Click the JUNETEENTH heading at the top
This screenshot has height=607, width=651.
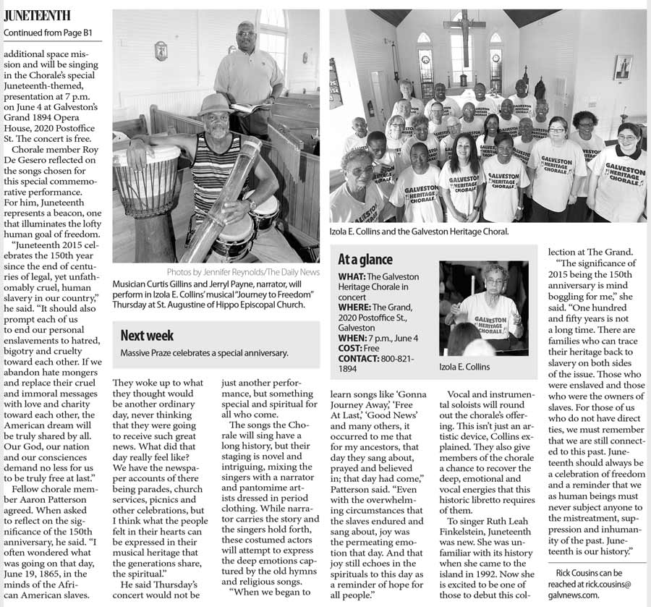(37, 14)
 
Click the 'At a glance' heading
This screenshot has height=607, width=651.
(365, 259)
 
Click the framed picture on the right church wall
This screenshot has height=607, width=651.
(623, 67)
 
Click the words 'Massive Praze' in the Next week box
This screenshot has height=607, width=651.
(145, 352)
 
